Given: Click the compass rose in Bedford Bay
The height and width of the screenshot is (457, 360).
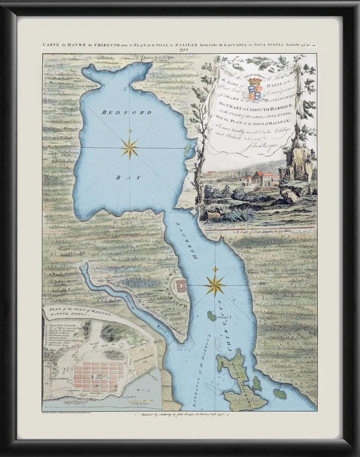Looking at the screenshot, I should [129, 148].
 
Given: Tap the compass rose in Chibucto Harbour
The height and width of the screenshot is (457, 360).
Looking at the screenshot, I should [215, 285].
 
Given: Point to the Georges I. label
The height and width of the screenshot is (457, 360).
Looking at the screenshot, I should [223, 317].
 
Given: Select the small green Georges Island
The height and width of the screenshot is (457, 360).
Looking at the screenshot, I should [212, 316].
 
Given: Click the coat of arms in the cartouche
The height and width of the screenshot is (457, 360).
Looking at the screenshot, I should [255, 88].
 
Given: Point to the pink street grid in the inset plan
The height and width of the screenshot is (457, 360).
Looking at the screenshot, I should [99, 375].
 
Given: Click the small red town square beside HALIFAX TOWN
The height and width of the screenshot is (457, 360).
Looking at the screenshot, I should [181, 285].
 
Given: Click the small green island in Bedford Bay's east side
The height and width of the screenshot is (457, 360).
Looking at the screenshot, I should [187, 149].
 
